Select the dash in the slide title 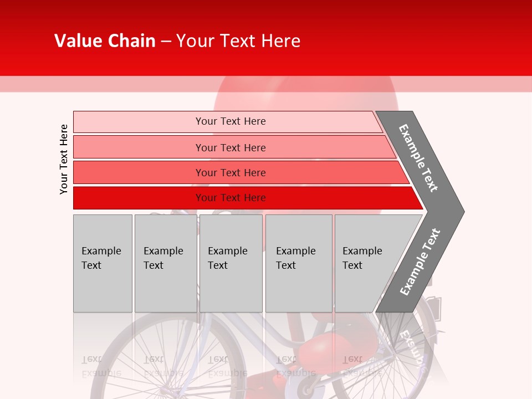tap(166, 42)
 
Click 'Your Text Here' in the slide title tap(238, 41)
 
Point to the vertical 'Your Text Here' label tap(64, 159)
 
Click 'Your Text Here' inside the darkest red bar tap(231, 198)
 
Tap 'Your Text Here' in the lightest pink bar tap(231, 121)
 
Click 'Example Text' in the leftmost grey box tap(101, 258)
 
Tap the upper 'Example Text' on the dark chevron tap(418, 158)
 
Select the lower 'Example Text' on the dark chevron tap(420, 262)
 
